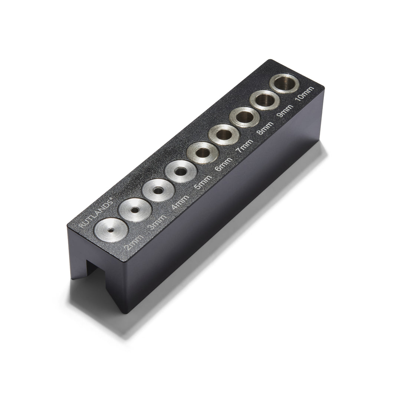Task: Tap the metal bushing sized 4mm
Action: click(x=158, y=190)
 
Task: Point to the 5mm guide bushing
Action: click(x=180, y=171)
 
